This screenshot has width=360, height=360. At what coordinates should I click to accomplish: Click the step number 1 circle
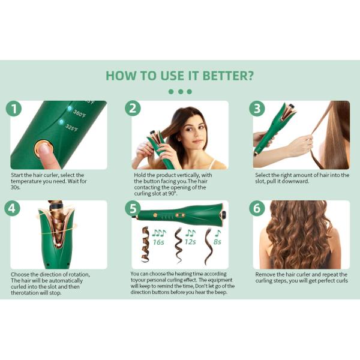coord(14,109)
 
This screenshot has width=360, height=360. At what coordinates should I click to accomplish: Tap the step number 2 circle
coord(133,108)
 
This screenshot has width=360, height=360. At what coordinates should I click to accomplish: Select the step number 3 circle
coord(257,108)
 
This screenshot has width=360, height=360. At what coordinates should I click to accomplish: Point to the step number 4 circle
coord(12,208)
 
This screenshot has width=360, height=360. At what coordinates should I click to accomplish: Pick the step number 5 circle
coord(133,208)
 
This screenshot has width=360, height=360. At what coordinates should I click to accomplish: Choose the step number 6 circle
coord(257,208)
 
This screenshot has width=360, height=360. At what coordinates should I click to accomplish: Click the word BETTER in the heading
coord(229,76)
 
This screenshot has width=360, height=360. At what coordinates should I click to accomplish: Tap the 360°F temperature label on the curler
coord(79,113)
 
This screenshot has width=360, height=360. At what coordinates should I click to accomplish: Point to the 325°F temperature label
coord(71,128)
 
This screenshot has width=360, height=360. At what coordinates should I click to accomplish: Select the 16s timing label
coord(158,242)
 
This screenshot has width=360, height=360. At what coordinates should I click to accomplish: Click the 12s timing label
coord(190,242)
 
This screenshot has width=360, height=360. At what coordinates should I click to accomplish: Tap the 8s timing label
coord(217,242)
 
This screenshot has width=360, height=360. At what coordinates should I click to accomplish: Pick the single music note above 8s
coord(218,233)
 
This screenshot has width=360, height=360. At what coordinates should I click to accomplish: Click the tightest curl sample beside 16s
coord(145,245)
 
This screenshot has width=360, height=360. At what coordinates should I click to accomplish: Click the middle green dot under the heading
coord(181,92)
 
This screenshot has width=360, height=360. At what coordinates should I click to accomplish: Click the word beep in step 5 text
coord(221,292)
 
